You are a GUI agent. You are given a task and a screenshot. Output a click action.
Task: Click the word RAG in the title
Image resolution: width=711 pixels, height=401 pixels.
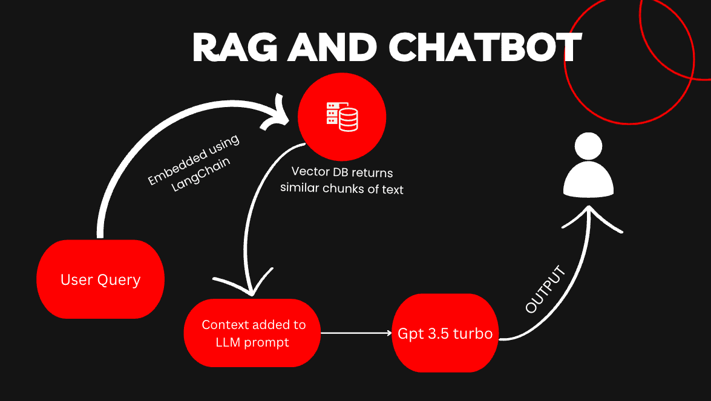235,48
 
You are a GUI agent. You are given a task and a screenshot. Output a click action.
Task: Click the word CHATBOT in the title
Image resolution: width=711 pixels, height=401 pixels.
485,48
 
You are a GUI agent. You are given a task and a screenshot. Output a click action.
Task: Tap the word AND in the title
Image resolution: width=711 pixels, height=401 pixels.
333,48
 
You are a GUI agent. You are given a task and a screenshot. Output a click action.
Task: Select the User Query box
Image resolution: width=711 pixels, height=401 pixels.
100,279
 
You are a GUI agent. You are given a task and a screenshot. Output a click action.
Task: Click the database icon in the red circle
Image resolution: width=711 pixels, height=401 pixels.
342,117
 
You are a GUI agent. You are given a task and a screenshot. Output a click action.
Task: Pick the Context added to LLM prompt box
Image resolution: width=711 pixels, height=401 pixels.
252,333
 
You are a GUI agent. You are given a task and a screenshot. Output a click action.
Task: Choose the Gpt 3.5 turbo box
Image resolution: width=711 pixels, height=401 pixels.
445,333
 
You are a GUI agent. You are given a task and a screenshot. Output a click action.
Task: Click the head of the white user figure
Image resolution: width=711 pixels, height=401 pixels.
588,146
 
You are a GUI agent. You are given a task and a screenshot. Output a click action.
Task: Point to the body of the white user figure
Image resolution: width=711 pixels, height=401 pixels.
588,180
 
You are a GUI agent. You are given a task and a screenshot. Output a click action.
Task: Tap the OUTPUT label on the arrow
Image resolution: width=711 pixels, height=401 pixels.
545,290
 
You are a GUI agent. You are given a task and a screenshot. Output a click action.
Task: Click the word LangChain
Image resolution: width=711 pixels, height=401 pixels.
201,174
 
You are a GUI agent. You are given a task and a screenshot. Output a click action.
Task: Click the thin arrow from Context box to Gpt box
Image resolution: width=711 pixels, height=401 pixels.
356,333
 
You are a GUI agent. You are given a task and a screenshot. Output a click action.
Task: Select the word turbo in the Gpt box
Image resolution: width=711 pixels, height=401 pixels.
473,333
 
